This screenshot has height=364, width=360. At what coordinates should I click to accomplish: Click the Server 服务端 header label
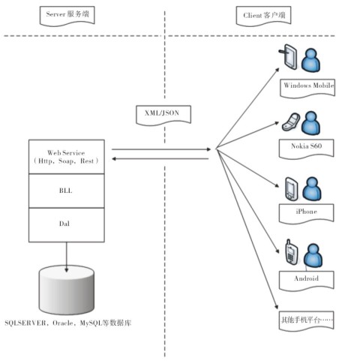coord(67,16)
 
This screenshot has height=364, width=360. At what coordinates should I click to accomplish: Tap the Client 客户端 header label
coord(264,16)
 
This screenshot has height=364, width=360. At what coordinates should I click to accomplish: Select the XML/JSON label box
coord(163,115)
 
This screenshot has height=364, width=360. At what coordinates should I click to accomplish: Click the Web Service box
coord(67,157)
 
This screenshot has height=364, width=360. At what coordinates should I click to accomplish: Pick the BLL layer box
coord(67,191)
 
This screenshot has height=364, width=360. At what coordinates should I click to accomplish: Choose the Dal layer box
coord(67,225)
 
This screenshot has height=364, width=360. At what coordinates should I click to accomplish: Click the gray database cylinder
coord(67,290)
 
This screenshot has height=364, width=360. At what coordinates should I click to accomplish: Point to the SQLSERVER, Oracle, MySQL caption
coord(68,323)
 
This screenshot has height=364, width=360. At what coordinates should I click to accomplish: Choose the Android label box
coord(307,281)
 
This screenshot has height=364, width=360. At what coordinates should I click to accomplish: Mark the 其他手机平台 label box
coord(307,321)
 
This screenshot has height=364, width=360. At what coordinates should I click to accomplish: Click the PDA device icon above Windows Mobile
coord(288,57)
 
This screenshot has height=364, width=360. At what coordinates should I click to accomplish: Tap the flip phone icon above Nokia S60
coord(291,122)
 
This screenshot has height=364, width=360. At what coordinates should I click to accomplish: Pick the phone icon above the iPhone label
coord(292,189)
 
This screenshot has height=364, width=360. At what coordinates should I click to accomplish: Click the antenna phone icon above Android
coord(292,251)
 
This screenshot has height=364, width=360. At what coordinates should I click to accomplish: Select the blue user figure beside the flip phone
coord(310,123)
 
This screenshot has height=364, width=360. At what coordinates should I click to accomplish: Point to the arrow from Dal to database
coord(67,257)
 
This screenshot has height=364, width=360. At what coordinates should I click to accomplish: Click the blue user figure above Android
coord(313,256)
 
